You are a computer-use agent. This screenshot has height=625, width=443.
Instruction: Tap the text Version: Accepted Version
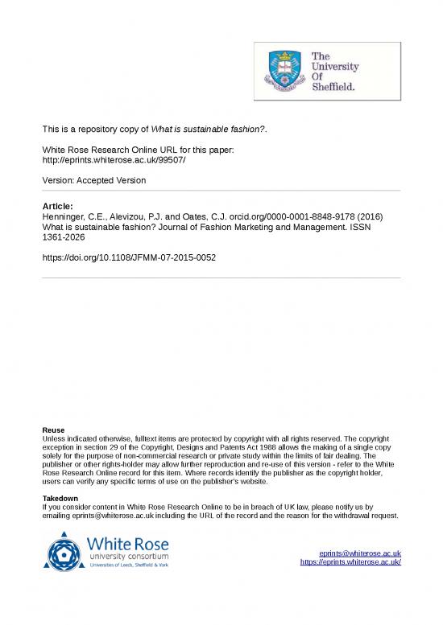click(x=94, y=180)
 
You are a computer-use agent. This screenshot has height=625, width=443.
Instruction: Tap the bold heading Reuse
click(x=53, y=430)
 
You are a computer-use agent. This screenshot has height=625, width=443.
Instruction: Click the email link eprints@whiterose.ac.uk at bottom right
click(x=359, y=553)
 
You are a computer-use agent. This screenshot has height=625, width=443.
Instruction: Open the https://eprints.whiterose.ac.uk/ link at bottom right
click(x=350, y=561)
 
